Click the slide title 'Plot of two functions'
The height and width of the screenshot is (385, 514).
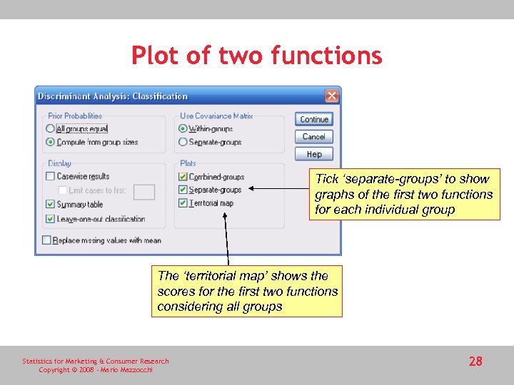256,55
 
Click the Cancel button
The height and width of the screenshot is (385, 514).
314,136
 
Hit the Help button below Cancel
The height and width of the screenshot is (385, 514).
314,153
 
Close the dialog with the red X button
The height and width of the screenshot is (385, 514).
331,96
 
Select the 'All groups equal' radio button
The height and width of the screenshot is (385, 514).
50,129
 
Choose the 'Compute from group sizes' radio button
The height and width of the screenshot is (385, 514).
50,142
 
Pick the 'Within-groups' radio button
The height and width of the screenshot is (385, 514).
183,129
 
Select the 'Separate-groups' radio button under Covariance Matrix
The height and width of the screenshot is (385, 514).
183,142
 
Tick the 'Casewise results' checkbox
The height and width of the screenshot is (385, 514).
50,176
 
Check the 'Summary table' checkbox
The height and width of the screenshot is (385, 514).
50,205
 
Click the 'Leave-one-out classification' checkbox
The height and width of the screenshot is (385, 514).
50,219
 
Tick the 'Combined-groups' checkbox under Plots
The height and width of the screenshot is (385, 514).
183,176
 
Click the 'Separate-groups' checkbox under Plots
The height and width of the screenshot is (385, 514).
183,190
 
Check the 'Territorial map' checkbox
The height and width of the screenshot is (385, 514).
183,203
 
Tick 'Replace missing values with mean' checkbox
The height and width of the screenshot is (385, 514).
46,240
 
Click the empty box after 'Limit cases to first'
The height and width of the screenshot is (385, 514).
144,191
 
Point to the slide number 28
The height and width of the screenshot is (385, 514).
475,361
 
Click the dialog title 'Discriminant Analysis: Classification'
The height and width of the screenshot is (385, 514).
113,96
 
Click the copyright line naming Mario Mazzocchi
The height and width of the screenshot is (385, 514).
95,369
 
